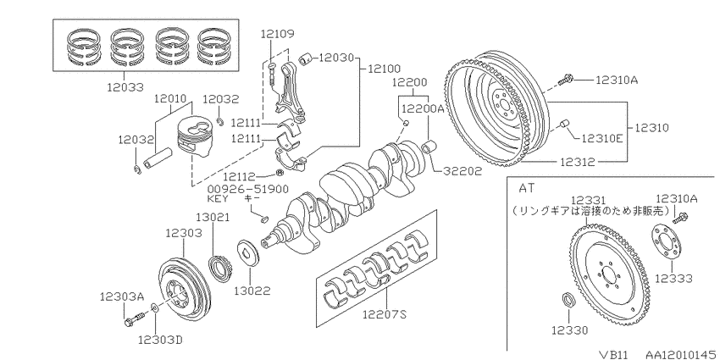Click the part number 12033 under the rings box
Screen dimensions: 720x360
(125, 86)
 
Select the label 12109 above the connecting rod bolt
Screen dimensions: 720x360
(277, 34)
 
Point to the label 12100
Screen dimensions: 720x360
(384, 69)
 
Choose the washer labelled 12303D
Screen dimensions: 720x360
(155, 307)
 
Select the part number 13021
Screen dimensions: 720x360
(213, 217)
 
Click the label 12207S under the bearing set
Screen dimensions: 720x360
(385, 314)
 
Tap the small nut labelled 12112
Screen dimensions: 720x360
(279, 173)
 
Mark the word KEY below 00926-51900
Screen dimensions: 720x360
(218, 199)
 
